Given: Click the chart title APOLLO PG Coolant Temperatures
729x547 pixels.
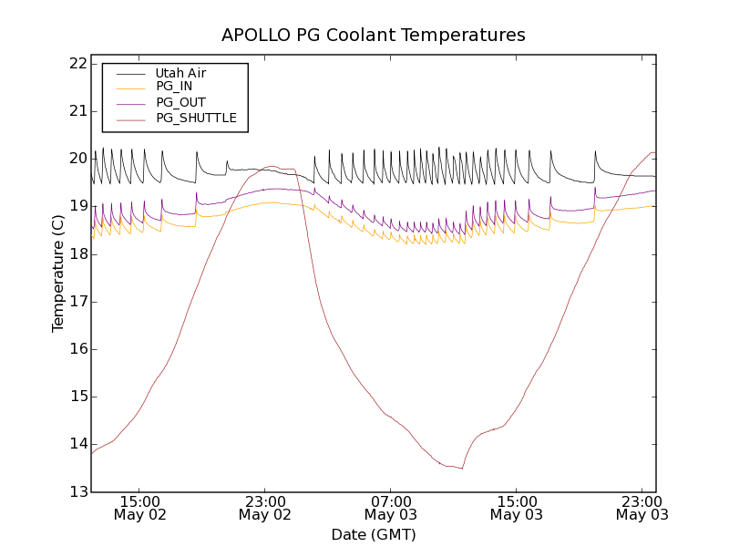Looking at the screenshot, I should (x=374, y=36).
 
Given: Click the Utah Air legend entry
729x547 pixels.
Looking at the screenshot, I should (x=180, y=72).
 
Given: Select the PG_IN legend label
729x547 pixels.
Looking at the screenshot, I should (x=174, y=87).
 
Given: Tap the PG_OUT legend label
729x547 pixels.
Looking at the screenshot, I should (x=180, y=102).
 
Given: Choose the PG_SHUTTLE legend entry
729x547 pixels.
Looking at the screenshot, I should (x=196, y=118).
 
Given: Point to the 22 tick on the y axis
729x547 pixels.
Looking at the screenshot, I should (x=77, y=64).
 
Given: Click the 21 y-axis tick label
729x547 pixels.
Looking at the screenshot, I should (x=77, y=111).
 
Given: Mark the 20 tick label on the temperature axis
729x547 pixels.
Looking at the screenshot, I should (x=77, y=159).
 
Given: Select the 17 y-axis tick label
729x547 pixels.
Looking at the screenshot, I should (x=77, y=302).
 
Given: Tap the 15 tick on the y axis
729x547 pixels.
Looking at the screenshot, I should (x=77, y=397).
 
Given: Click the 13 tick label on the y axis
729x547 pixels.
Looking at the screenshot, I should (x=77, y=492).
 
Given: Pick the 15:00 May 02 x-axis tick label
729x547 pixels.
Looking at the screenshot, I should (x=139, y=508).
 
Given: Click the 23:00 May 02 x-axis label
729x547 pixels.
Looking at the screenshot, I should (x=264, y=508).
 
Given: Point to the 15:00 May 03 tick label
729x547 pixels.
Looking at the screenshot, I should (x=516, y=508).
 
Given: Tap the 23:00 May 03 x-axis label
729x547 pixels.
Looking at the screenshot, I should (x=642, y=508).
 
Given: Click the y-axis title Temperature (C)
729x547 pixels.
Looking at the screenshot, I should (x=58, y=273).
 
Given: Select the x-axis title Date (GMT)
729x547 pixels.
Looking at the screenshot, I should (x=374, y=534).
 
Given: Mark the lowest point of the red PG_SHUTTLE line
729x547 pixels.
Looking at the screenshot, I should (x=462, y=469).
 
